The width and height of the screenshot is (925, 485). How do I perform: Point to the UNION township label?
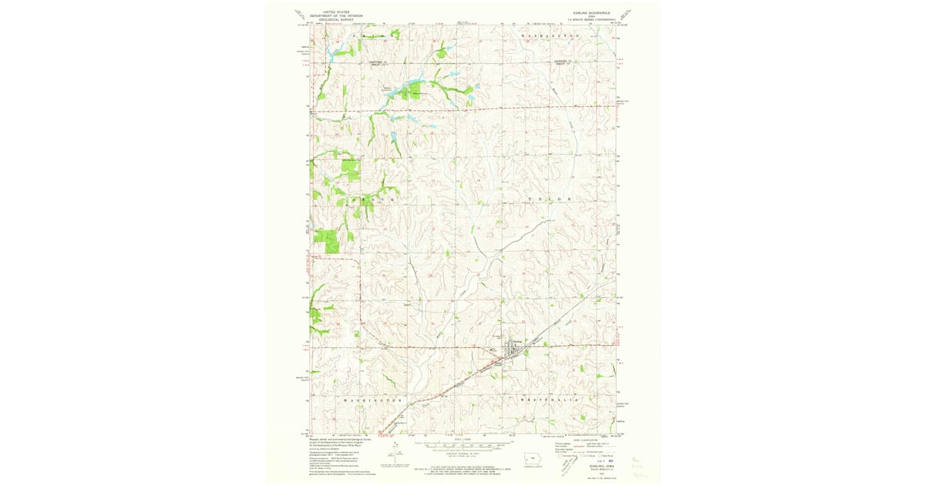550,199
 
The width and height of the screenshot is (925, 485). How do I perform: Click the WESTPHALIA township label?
550,401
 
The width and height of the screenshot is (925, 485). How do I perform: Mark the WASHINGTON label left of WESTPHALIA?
372,401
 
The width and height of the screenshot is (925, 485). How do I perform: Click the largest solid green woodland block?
327,241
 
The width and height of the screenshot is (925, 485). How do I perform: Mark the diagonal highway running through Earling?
462,378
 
